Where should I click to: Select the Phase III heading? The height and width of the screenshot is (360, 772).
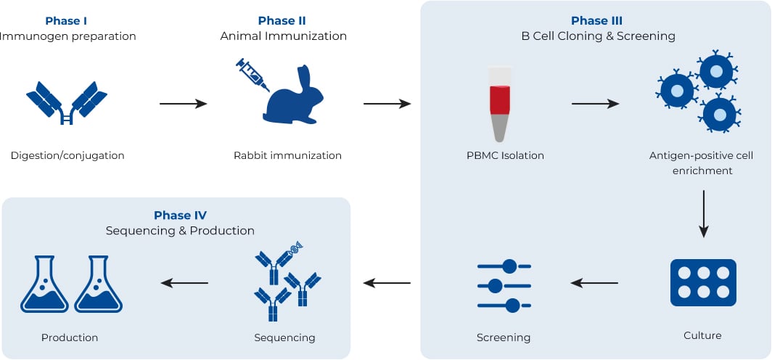[x=596, y=20]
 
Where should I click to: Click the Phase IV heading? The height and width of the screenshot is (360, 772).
[x=180, y=215]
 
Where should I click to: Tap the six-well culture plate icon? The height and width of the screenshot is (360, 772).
[x=702, y=282]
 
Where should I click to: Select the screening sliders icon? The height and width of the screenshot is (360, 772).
[x=504, y=285]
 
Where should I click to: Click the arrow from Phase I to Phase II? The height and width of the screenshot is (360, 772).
[x=183, y=104]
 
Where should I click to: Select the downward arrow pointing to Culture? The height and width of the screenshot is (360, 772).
[x=702, y=214]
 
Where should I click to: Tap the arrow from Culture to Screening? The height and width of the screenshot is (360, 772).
[x=594, y=282]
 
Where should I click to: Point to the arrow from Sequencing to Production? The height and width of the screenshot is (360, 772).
[x=184, y=282]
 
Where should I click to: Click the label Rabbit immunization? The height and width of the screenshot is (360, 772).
[x=287, y=155]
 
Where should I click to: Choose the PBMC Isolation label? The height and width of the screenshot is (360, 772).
[x=505, y=155]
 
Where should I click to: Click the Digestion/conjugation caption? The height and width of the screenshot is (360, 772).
[x=67, y=155]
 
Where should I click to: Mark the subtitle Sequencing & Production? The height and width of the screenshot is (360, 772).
[x=180, y=231]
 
